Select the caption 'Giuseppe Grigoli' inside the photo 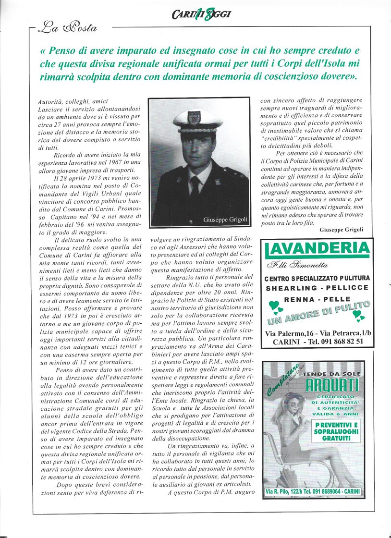(225, 220)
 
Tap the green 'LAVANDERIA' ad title (318, 249)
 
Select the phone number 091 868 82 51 (340, 342)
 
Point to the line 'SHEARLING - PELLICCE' (317, 288)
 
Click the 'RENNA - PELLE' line (317, 299)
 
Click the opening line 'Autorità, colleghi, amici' (73, 101)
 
